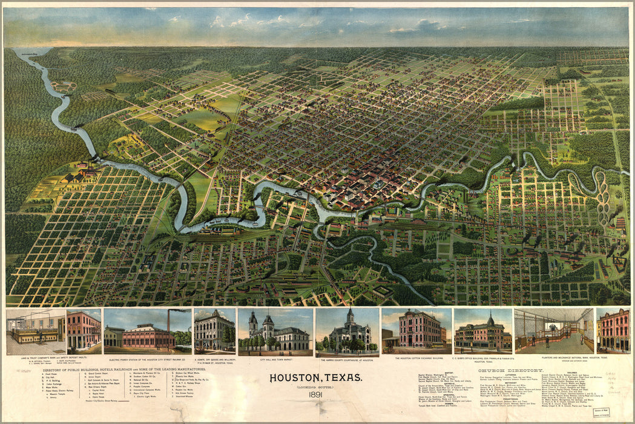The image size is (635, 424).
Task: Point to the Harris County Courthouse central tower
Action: [349, 317]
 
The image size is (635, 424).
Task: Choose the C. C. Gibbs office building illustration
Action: [482, 333]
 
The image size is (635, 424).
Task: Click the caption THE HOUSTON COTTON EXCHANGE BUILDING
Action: [416, 359]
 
